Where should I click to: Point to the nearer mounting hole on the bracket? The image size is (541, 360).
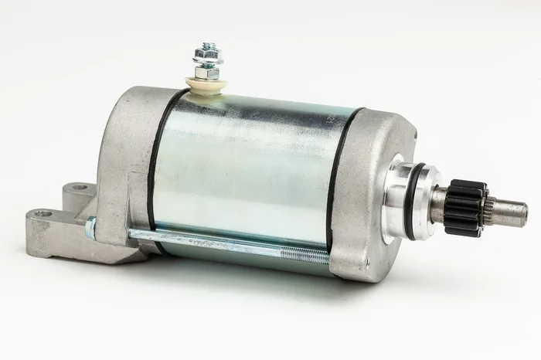point(43,213)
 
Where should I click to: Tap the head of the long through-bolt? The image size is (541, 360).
point(90,227)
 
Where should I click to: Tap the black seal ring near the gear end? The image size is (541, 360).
point(340,185)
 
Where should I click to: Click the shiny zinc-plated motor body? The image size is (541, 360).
point(247,170)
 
